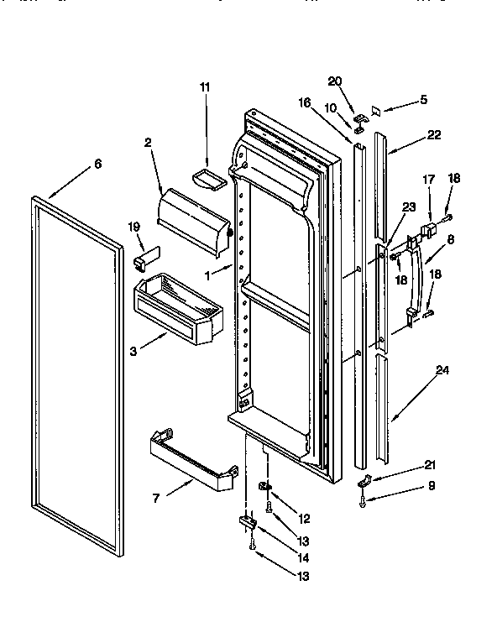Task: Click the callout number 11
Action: [206, 86]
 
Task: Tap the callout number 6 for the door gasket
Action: [97, 164]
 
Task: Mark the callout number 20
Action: [335, 81]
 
